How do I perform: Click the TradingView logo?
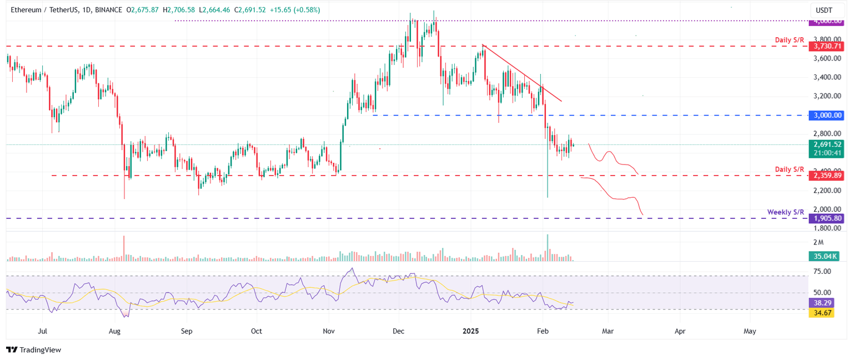[x=33, y=350]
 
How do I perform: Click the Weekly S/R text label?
[x=785, y=212]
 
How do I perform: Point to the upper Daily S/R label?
[x=790, y=41]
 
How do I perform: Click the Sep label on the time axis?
[x=186, y=331]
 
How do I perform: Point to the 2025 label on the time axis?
[x=470, y=331]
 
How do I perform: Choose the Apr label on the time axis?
[x=680, y=331]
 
